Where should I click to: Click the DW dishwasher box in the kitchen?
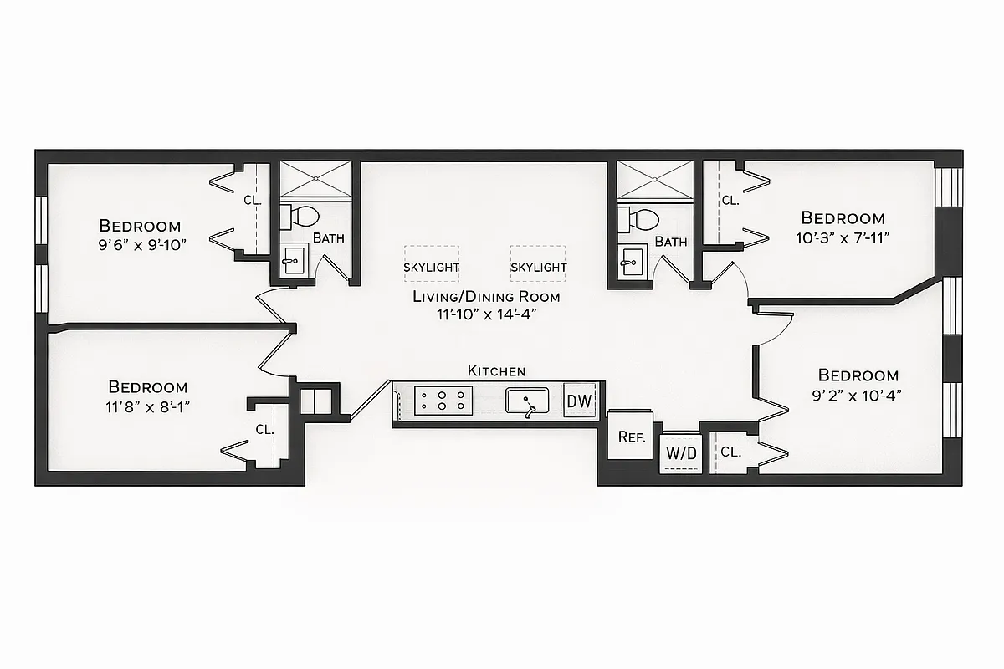click(579, 401)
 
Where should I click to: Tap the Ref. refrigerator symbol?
click(630, 436)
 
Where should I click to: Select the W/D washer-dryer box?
click(679, 453)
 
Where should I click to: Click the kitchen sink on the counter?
click(526, 401)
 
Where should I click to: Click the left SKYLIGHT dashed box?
click(431, 263)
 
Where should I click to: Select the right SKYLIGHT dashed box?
click(538, 263)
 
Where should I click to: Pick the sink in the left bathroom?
click(293, 261)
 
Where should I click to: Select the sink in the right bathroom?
click(631, 263)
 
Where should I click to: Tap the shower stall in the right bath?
click(654, 180)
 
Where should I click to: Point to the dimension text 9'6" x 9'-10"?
click(140, 244)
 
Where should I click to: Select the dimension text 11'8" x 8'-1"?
click(148, 406)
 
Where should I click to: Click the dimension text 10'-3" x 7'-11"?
click(843, 237)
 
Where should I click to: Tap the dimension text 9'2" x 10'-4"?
click(858, 396)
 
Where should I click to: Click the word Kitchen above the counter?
click(496, 370)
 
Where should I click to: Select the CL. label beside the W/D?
click(730, 452)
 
